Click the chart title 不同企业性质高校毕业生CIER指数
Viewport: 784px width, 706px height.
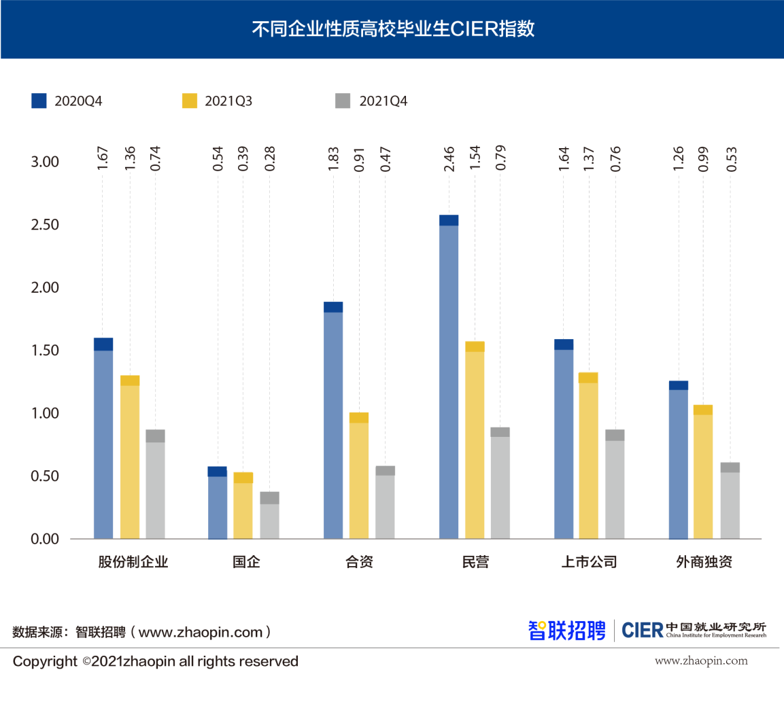[x=393, y=29]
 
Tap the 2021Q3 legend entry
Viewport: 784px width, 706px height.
[x=217, y=101]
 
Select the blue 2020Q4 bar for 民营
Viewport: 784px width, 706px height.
[x=449, y=377]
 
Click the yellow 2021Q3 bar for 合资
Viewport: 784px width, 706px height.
[x=359, y=476]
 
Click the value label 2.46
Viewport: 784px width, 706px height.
[x=449, y=158]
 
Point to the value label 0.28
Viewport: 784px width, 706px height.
[x=270, y=158]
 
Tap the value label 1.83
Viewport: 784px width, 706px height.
[x=333, y=158]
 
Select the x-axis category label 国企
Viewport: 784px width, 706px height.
[x=246, y=562]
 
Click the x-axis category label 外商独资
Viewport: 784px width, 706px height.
[x=704, y=562]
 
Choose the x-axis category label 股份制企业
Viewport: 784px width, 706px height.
[x=133, y=562]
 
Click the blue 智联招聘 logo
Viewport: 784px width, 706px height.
[x=566, y=631]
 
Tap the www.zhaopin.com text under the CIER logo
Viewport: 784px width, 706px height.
[x=701, y=660]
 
